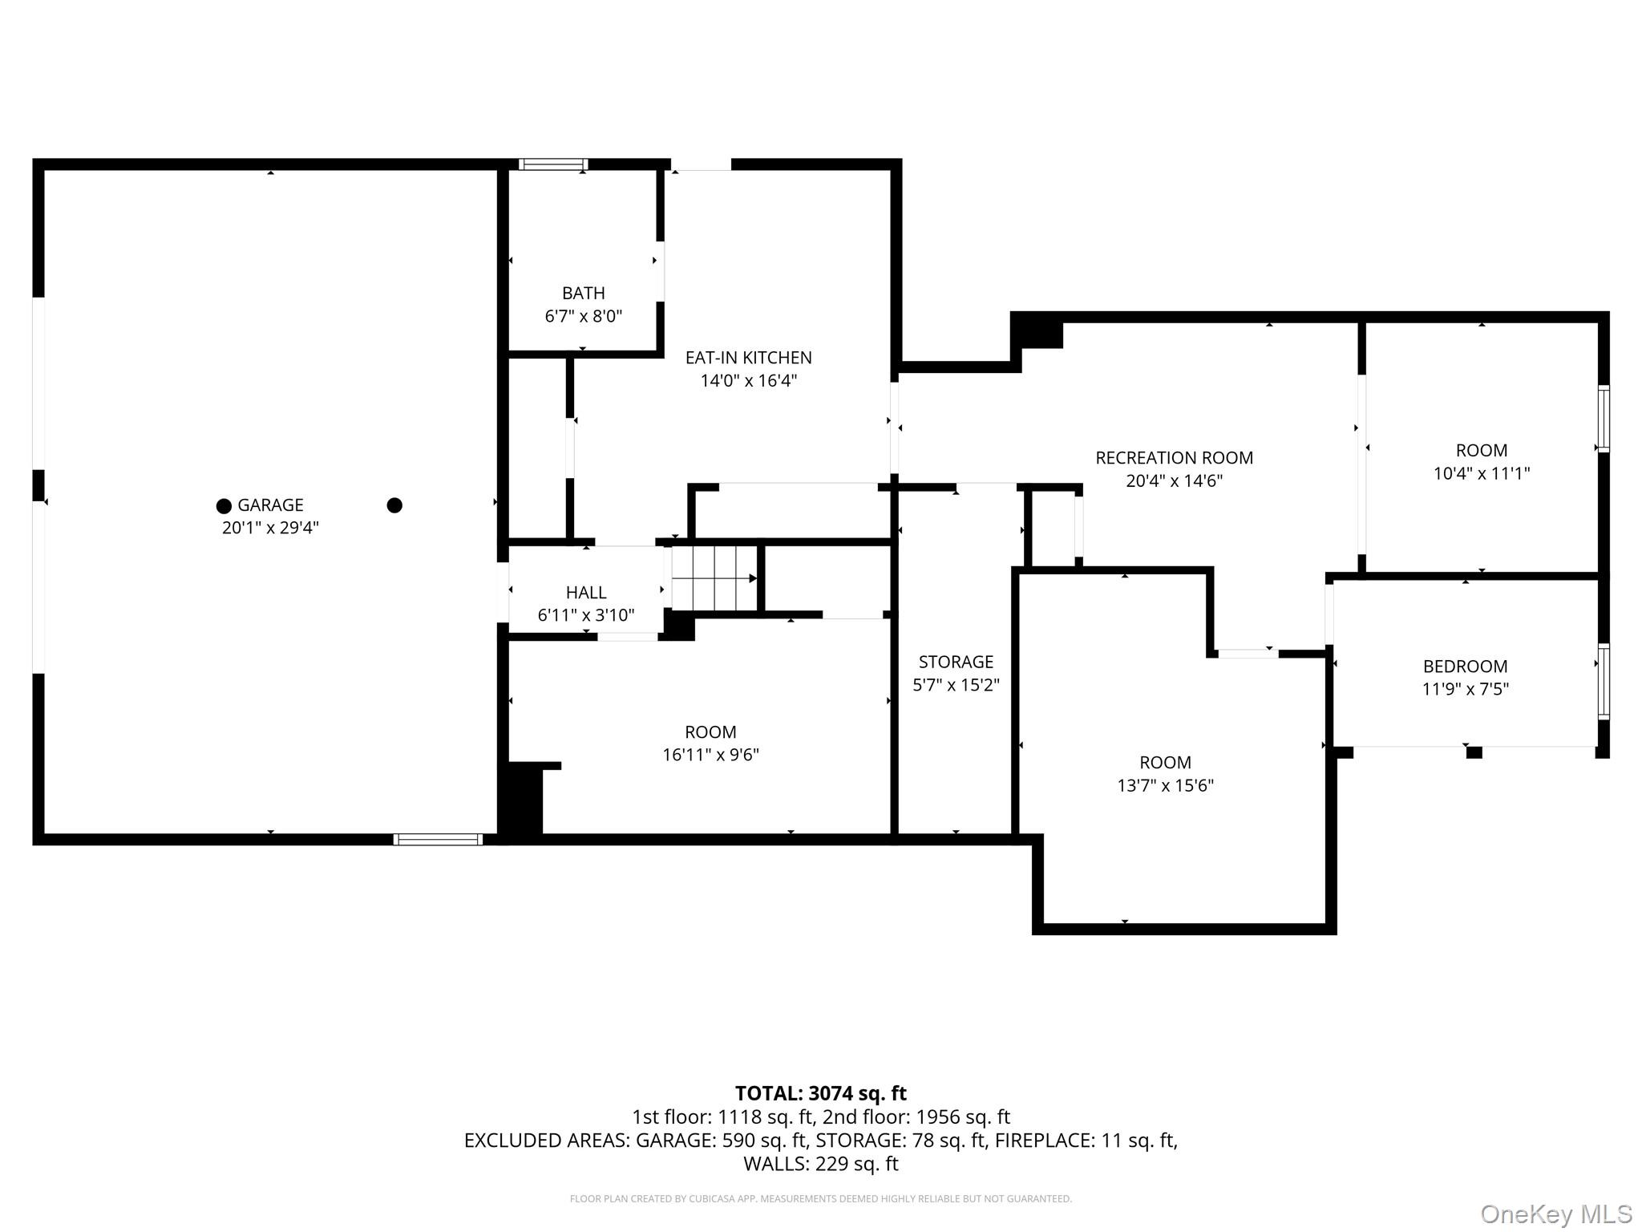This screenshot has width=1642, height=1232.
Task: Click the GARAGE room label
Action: coord(270,505)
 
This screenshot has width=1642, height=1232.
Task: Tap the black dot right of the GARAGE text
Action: coord(394,505)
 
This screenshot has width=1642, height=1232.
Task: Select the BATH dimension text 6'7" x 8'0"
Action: coord(583,316)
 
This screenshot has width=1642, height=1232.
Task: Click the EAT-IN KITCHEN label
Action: coord(748,358)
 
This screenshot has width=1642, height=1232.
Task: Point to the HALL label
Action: coord(585,593)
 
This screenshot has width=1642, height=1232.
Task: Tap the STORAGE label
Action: coord(956,662)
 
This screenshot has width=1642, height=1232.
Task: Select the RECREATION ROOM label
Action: coord(1174,458)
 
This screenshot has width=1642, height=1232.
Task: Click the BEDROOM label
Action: coord(1465,667)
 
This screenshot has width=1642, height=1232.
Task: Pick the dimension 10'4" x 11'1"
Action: coord(1481,473)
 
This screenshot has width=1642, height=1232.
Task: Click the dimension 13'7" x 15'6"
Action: coord(1165,785)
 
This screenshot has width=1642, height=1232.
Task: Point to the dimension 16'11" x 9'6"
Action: coord(710,755)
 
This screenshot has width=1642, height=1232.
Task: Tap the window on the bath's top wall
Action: coord(553,164)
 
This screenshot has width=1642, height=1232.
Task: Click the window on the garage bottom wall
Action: coord(438,840)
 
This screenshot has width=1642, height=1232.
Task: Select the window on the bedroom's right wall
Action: coord(1603,681)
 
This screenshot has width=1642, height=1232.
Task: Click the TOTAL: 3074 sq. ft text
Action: coord(820,1093)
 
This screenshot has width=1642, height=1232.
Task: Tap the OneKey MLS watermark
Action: coord(1555,1214)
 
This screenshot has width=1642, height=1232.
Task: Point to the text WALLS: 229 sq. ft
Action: coord(820,1163)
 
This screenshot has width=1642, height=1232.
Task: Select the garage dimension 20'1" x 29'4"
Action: coord(270,528)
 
